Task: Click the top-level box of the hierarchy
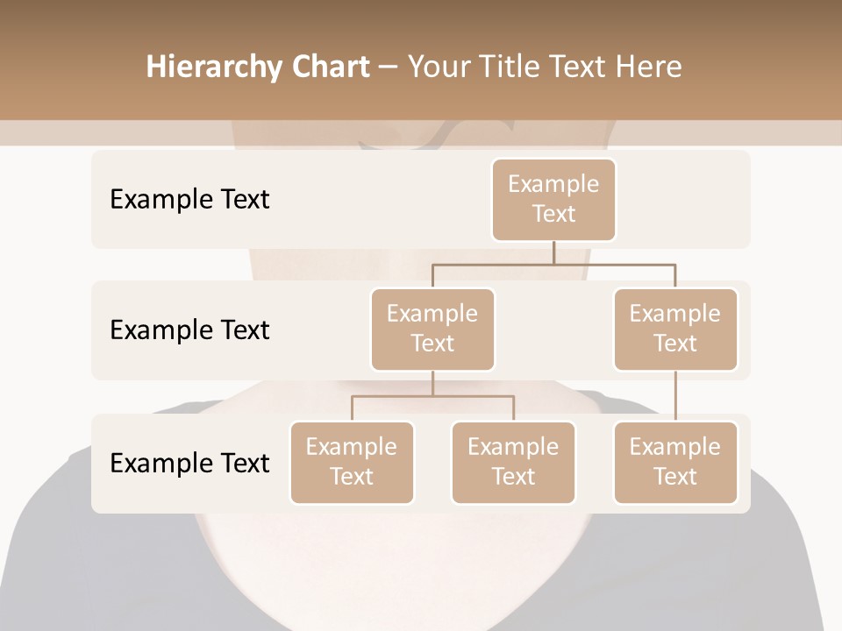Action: (553, 199)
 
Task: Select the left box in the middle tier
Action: (432, 329)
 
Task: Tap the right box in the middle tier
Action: (675, 329)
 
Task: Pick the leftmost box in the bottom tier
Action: (352, 462)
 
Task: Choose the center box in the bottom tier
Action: (513, 462)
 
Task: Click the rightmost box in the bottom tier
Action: (675, 462)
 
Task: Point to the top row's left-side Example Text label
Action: (189, 199)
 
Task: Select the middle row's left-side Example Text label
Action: (189, 330)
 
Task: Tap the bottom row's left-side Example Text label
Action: (189, 463)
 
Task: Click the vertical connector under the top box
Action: (553, 252)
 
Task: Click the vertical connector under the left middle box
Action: (432, 383)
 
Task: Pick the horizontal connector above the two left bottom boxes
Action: (432, 396)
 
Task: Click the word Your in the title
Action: (439, 67)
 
